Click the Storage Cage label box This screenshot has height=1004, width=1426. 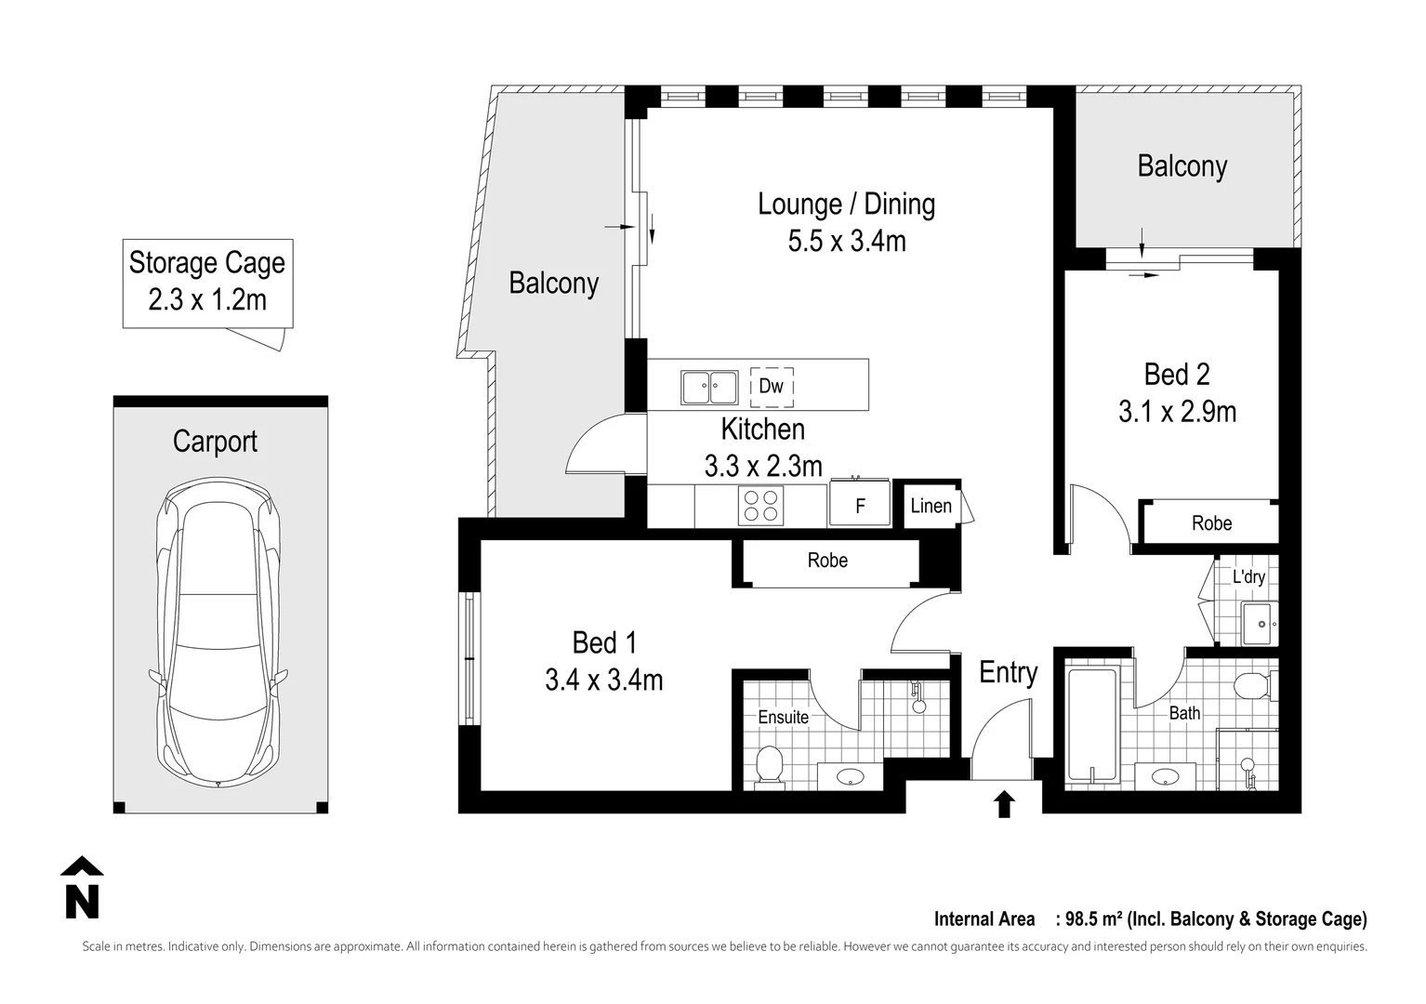pyautogui.click(x=207, y=284)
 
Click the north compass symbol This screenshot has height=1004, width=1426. pyautogui.click(x=82, y=888)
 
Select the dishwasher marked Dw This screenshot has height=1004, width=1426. pyautogui.click(x=772, y=387)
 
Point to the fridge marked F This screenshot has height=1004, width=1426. pyautogui.click(x=860, y=503)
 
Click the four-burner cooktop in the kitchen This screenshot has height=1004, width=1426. pyautogui.click(x=760, y=506)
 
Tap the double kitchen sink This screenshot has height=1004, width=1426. pyautogui.click(x=709, y=387)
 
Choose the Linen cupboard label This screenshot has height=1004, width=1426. pyautogui.click(x=931, y=506)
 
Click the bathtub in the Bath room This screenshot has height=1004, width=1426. pyautogui.click(x=1092, y=723)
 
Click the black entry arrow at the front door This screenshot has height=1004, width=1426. pyautogui.click(x=1004, y=803)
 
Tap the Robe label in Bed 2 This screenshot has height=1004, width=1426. pyautogui.click(x=1211, y=523)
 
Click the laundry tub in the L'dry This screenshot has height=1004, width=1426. pyautogui.click(x=1259, y=623)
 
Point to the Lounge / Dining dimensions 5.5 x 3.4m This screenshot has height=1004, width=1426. pyautogui.click(x=847, y=242)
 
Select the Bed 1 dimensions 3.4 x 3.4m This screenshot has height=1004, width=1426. pyautogui.click(x=603, y=680)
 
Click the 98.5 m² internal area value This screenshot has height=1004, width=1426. pyautogui.click(x=1094, y=918)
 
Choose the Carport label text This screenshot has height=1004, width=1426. pyautogui.click(x=215, y=442)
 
